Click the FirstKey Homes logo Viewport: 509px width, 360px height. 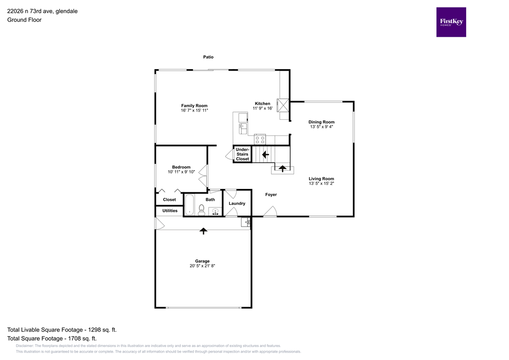pos(451,22)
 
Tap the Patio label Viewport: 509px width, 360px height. pos(208,57)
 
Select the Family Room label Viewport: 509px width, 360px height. pos(194,105)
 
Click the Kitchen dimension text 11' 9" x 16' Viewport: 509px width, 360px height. pos(262,108)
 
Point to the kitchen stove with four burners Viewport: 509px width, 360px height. pos(260,139)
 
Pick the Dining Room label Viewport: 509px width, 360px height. pos(321,122)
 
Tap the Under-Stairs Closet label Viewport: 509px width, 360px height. pos(243,154)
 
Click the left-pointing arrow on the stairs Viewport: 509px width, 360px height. pos(265,155)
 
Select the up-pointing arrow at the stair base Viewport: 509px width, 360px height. pos(282,169)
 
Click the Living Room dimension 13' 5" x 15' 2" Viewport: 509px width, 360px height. pos(321,183)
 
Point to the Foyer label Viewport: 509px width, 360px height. pos(270,194)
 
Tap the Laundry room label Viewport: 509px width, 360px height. pos(237,203)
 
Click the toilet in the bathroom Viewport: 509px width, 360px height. pos(202,209)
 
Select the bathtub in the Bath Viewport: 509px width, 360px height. pos(189,205)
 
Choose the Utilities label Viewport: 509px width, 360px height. pos(170,211)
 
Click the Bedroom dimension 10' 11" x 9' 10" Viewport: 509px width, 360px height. pos(181,172)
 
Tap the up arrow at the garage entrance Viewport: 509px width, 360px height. pos(203,231)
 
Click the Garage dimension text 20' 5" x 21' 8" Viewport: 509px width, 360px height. pos(202,266)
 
